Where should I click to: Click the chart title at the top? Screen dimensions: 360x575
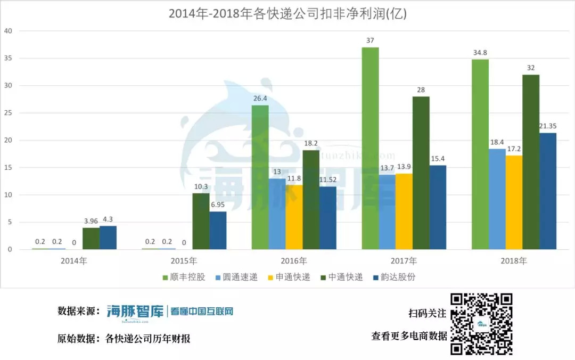point(287,14)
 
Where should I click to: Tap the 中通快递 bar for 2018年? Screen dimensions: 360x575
point(531,162)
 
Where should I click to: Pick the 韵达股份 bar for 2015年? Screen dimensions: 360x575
point(218,230)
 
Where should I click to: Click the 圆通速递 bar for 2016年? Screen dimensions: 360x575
point(277,214)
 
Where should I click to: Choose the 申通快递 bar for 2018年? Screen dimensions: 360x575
point(514,202)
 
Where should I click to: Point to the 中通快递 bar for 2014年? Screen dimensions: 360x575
point(91,239)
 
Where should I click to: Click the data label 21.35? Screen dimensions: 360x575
point(548,126)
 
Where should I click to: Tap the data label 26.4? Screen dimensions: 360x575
point(260,99)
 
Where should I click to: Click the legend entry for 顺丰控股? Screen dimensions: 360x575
point(184,277)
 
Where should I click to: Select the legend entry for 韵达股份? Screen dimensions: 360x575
point(394,277)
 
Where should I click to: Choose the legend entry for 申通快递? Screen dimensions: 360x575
point(289,277)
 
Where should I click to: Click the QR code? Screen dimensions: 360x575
point(481,324)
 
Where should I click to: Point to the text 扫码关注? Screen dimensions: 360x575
point(428,313)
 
